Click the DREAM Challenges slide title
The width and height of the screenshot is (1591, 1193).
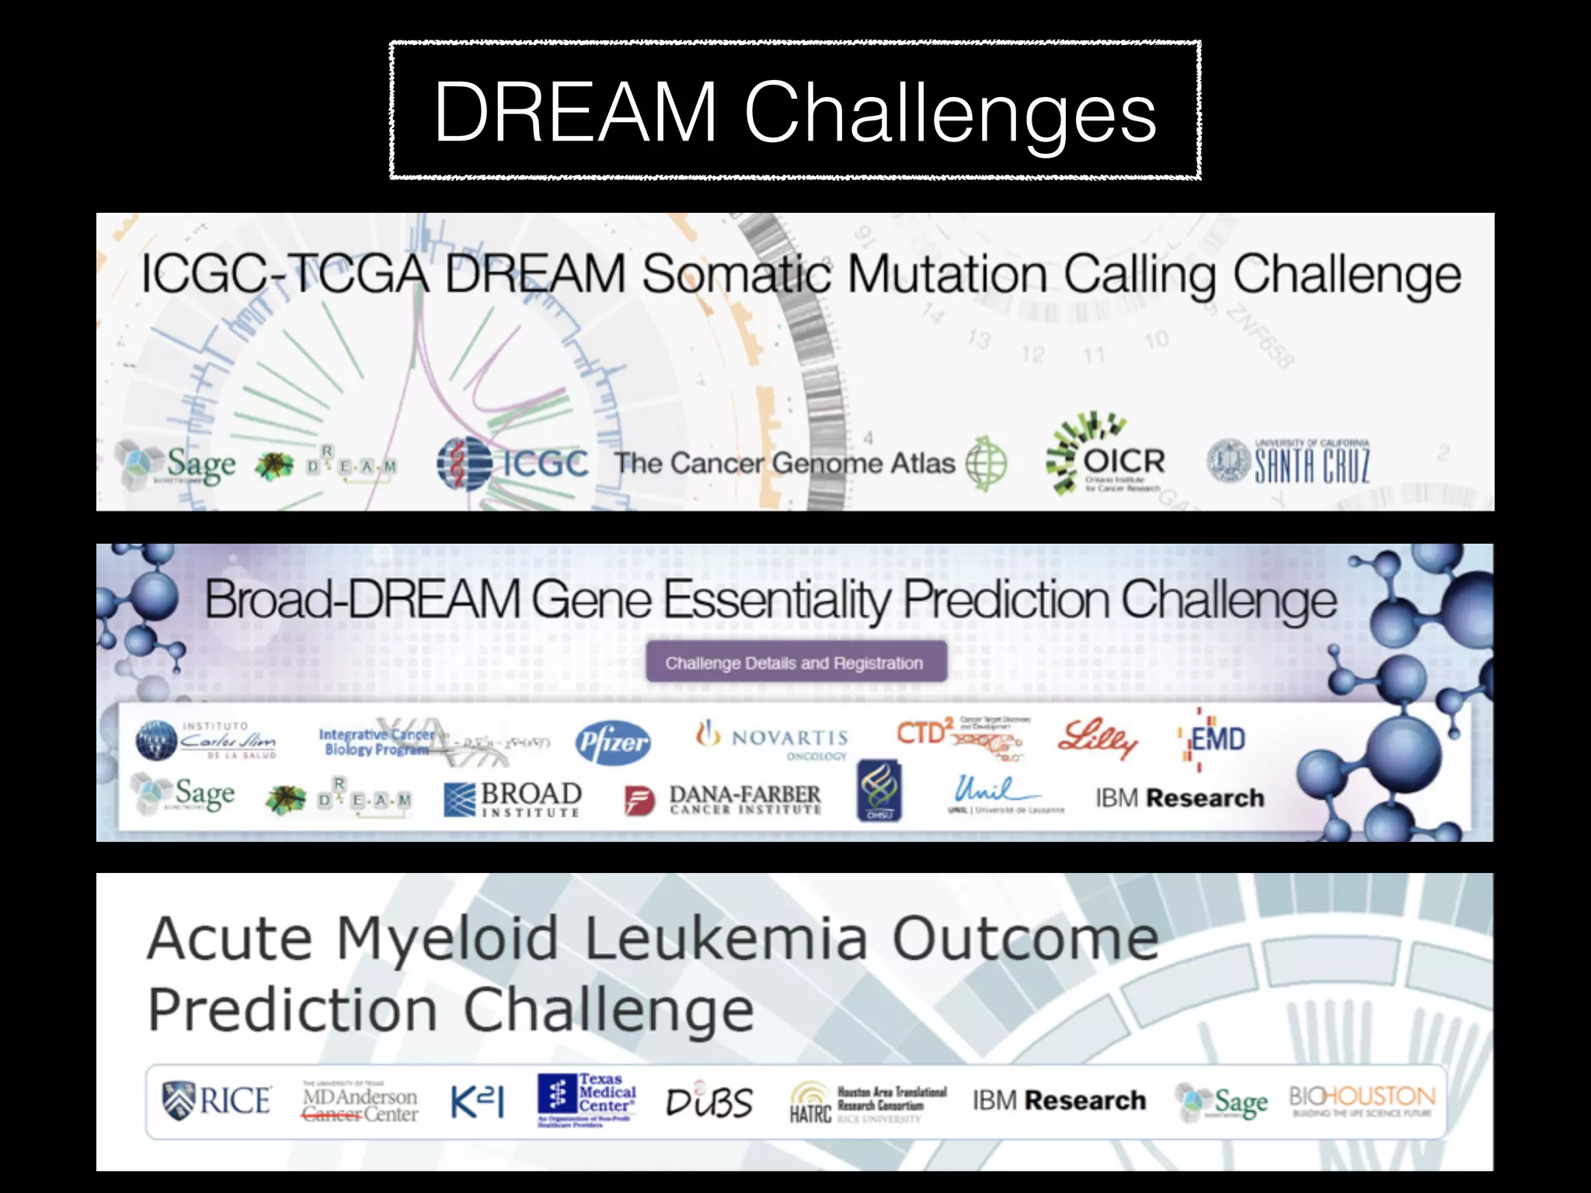click(795, 111)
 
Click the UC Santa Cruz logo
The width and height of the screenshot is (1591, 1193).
click(1290, 462)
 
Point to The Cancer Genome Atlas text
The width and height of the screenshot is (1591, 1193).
click(785, 464)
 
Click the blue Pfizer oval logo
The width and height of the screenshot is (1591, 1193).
click(613, 743)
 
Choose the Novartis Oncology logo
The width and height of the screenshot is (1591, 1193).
click(774, 739)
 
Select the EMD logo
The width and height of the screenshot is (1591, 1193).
click(1215, 739)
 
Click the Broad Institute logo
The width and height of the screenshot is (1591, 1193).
click(513, 798)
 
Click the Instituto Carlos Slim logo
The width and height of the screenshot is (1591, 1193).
click(206, 739)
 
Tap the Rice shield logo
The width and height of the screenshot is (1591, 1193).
click(217, 1101)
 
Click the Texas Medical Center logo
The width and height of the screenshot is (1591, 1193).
click(587, 1100)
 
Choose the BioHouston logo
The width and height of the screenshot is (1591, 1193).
click(1362, 1101)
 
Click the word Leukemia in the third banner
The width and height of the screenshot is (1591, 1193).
click(724, 938)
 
